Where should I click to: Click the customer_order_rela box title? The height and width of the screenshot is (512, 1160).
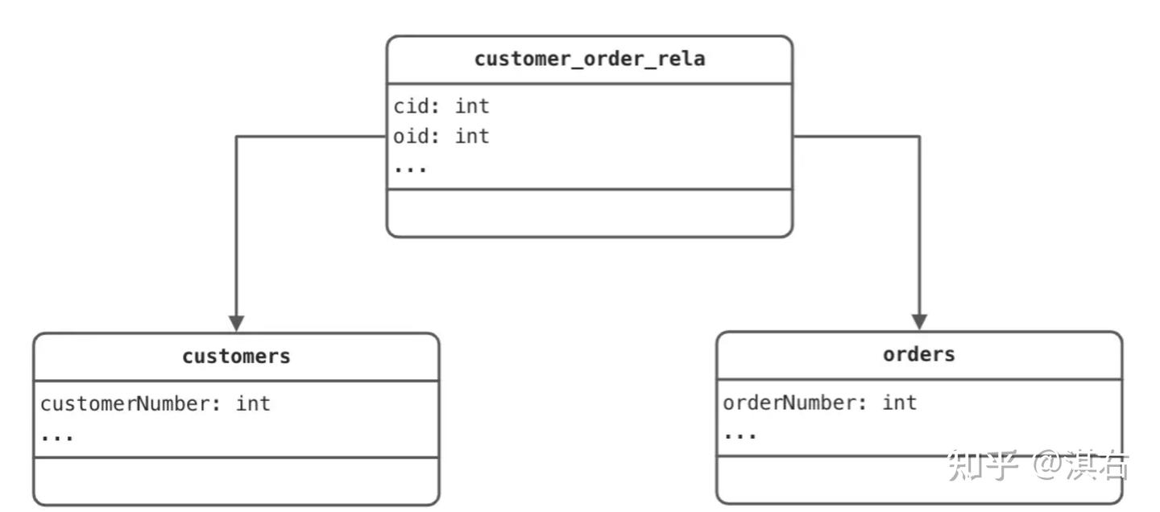[x=589, y=59]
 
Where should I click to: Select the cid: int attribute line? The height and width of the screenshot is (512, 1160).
[x=441, y=106]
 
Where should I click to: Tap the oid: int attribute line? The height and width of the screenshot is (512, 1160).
[x=441, y=137]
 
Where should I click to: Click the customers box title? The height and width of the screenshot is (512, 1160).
[x=236, y=357]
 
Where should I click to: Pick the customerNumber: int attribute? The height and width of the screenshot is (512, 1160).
[x=155, y=403]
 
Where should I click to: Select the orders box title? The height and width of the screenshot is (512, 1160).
[x=918, y=355]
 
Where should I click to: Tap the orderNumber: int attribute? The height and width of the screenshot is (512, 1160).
[x=819, y=403]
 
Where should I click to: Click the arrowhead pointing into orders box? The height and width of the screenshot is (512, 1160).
[x=919, y=322]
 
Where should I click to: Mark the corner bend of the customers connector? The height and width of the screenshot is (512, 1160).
[x=236, y=137]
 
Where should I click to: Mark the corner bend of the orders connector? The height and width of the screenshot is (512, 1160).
[x=919, y=137]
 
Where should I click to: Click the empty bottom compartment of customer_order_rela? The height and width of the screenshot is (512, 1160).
[x=589, y=213]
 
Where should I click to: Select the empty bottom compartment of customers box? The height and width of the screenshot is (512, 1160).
[x=236, y=481]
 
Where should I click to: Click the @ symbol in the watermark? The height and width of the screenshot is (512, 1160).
[x=1054, y=466]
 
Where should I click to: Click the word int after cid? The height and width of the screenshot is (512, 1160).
[x=472, y=106]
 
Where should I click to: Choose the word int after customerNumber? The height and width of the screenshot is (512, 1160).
[x=253, y=403]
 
